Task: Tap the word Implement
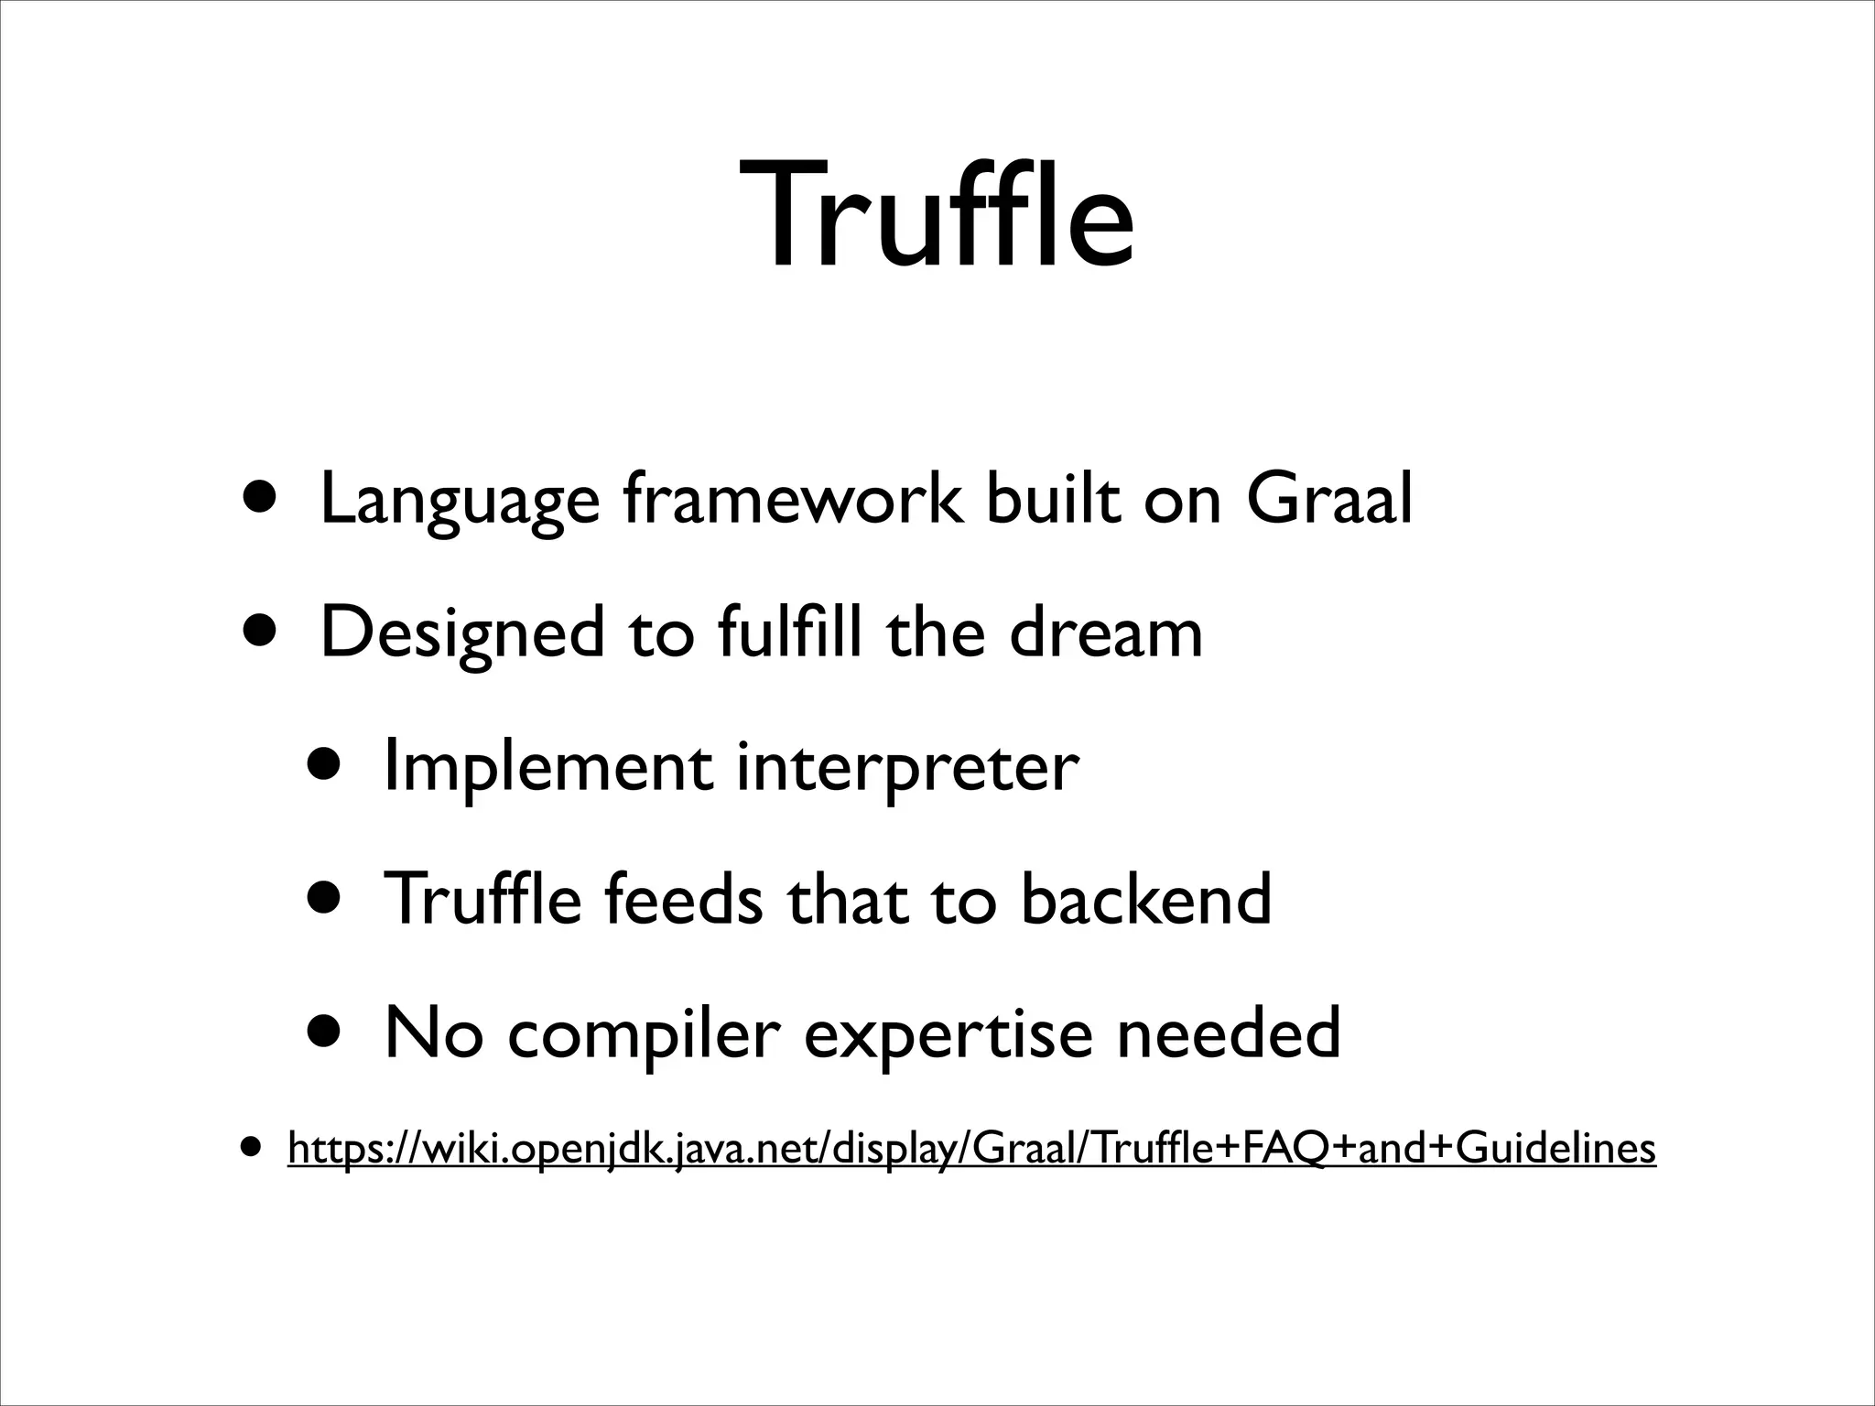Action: coord(547,767)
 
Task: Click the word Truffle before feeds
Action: coord(482,899)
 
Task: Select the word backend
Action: coord(1145,899)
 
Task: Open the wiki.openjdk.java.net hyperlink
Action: coord(971,1148)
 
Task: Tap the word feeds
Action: coord(682,899)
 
